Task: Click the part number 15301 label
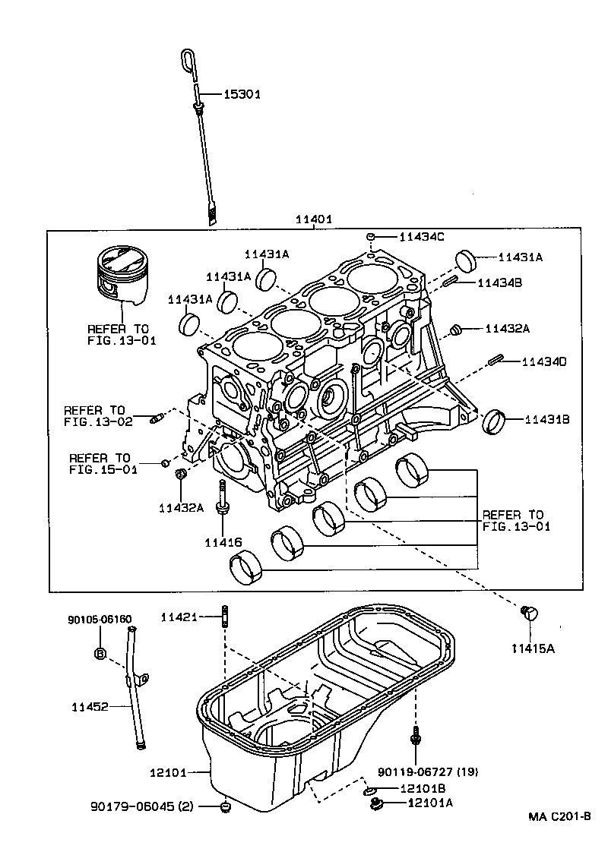242,95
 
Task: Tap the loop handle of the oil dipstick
188,60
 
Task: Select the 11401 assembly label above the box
313,219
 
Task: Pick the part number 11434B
500,282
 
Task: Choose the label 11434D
544,362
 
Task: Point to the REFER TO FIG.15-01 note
99,463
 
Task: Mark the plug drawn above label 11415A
529,613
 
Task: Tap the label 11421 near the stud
179,617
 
